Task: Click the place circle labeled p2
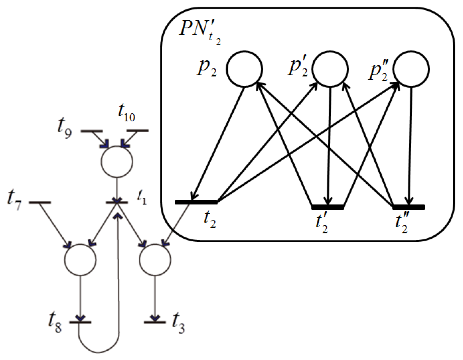click(x=244, y=69)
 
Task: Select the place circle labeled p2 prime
click(x=330, y=69)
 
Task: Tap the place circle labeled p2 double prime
click(x=411, y=69)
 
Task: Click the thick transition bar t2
click(x=196, y=202)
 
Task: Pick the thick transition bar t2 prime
click(x=328, y=207)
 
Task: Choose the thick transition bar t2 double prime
click(x=409, y=207)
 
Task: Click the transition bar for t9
click(x=92, y=131)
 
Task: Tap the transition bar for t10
click(x=138, y=131)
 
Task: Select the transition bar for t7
click(x=40, y=202)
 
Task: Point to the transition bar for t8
click(x=80, y=322)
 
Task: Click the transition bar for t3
click(x=155, y=322)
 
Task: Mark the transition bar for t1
click(x=117, y=202)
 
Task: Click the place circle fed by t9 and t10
click(x=117, y=162)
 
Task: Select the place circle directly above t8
click(x=80, y=260)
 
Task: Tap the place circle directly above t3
click(x=155, y=260)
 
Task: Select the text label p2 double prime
click(x=378, y=71)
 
